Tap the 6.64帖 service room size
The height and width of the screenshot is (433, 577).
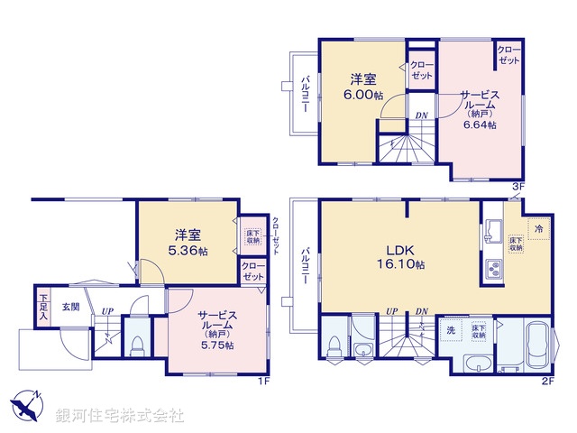(x=480, y=125)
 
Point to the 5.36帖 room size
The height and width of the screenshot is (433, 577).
(x=190, y=251)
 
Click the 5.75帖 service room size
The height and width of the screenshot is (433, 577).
(x=217, y=345)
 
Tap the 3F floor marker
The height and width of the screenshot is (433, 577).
(x=517, y=186)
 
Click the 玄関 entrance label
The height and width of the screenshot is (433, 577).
(x=70, y=307)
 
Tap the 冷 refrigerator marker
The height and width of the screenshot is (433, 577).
(x=538, y=229)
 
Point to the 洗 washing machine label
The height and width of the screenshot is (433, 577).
(x=451, y=331)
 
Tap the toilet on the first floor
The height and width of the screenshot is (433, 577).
(x=137, y=345)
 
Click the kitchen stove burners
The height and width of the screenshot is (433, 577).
(x=495, y=268)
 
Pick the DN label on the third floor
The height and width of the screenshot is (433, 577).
(x=421, y=115)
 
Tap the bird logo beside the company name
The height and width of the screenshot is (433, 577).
(x=24, y=407)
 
